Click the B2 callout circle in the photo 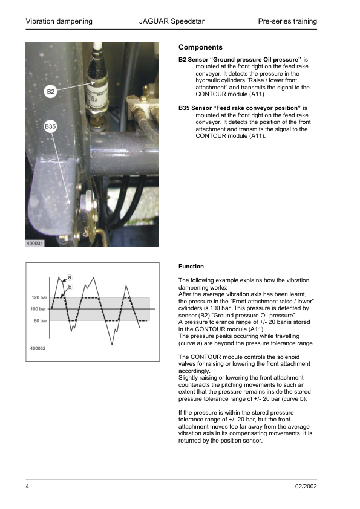pyautogui.click(x=51, y=92)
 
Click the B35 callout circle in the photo pyautogui.click(x=51, y=126)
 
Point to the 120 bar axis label pyautogui.click(x=39, y=297)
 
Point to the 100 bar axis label pyautogui.click(x=39, y=309)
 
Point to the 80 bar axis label pyautogui.click(x=40, y=320)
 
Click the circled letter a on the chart pyautogui.click(x=70, y=277)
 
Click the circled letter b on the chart pyautogui.click(x=70, y=287)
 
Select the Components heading pyautogui.click(x=200, y=47)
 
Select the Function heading pyautogui.click(x=191, y=266)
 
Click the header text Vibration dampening pyautogui.click(x=59, y=21)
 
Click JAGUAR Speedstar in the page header pyautogui.click(x=171, y=21)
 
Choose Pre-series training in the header pyautogui.click(x=287, y=21)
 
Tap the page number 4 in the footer pyautogui.click(x=27, y=487)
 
